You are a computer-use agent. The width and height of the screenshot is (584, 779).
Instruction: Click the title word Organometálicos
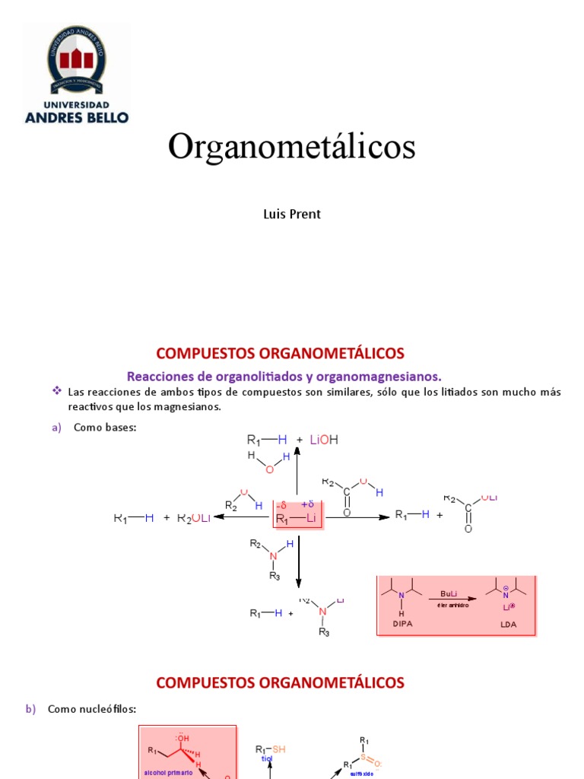click(x=292, y=146)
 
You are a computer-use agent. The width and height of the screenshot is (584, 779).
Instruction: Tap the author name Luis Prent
click(x=292, y=214)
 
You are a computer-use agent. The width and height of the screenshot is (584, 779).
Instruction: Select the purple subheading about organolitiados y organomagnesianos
click(x=284, y=376)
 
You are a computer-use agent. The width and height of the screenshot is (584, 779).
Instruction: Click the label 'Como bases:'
click(x=104, y=428)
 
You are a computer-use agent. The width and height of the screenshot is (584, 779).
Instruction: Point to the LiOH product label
click(x=323, y=439)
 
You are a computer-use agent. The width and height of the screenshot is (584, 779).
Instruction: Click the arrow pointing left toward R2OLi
click(x=243, y=517)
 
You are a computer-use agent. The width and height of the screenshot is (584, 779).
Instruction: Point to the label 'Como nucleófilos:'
click(x=92, y=709)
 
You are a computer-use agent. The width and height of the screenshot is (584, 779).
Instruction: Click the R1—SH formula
click(x=271, y=749)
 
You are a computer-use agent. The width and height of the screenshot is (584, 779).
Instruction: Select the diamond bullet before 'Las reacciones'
click(x=56, y=391)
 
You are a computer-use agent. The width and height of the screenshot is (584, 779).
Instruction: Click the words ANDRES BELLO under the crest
click(x=77, y=117)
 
